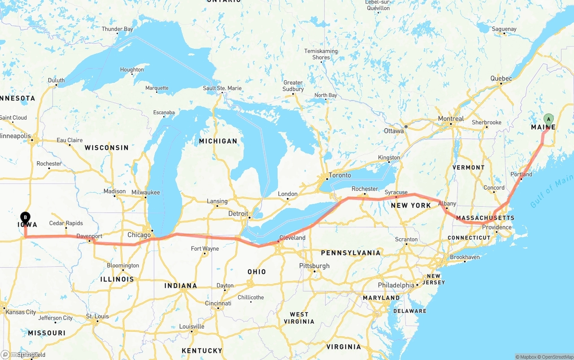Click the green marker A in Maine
point(548,119)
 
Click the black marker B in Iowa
point(26,218)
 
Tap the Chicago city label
point(139,235)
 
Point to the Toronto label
point(340,175)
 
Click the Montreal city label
point(451,119)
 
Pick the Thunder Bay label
point(117,29)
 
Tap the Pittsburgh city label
point(314,266)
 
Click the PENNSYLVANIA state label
point(351,253)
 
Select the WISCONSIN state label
point(107,147)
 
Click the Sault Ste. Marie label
point(222,88)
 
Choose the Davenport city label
point(89,236)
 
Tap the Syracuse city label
point(396,192)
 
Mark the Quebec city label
point(501,78)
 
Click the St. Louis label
point(98,317)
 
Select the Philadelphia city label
point(396,285)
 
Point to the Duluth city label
point(57,81)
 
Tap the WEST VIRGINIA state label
point(299,318)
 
